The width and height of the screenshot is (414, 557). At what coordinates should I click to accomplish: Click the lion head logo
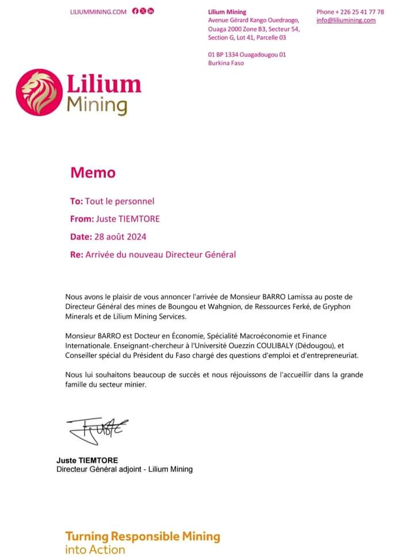tap(40, 92)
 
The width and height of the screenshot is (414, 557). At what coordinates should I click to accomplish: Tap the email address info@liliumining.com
tap(346, 20)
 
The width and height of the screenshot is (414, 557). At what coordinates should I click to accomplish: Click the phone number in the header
tap(350, 11)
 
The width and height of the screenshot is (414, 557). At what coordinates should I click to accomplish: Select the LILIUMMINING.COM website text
tap(98, 11)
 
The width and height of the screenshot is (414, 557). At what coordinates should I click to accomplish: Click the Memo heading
tap(93, 172)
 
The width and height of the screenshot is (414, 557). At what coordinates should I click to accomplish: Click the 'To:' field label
tap(76, 201)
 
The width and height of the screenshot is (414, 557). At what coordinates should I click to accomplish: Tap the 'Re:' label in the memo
tap(76, 254)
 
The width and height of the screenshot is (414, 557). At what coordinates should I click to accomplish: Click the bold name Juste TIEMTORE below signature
tap(87, 460)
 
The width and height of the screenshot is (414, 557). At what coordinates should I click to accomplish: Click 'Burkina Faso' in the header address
tap(226, 63)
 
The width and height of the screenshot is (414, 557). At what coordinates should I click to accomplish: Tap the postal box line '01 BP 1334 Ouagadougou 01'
tap(247, 55)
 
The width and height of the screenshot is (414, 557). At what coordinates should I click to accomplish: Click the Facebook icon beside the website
tap(135, 11)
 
